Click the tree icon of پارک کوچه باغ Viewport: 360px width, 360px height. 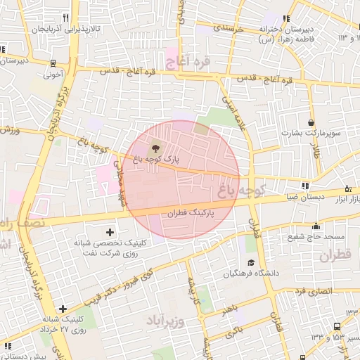[155, 148]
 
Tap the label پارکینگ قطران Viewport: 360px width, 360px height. [192, 210]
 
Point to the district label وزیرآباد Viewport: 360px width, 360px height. [165, 321]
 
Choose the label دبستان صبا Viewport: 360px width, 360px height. [281, 197]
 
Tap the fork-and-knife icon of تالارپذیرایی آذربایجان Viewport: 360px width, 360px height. [65, 18]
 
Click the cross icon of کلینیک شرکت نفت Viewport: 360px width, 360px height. [110, 231]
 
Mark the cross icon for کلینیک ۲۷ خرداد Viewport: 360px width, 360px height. [63, 308]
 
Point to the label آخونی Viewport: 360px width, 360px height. [54, 72]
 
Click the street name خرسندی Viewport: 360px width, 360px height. [228, 29]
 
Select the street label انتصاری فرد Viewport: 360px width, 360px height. [312, 290]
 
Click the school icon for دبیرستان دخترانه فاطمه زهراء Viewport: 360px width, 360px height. [285, 19]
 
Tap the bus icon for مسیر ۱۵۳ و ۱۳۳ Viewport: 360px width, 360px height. [337, 326]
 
